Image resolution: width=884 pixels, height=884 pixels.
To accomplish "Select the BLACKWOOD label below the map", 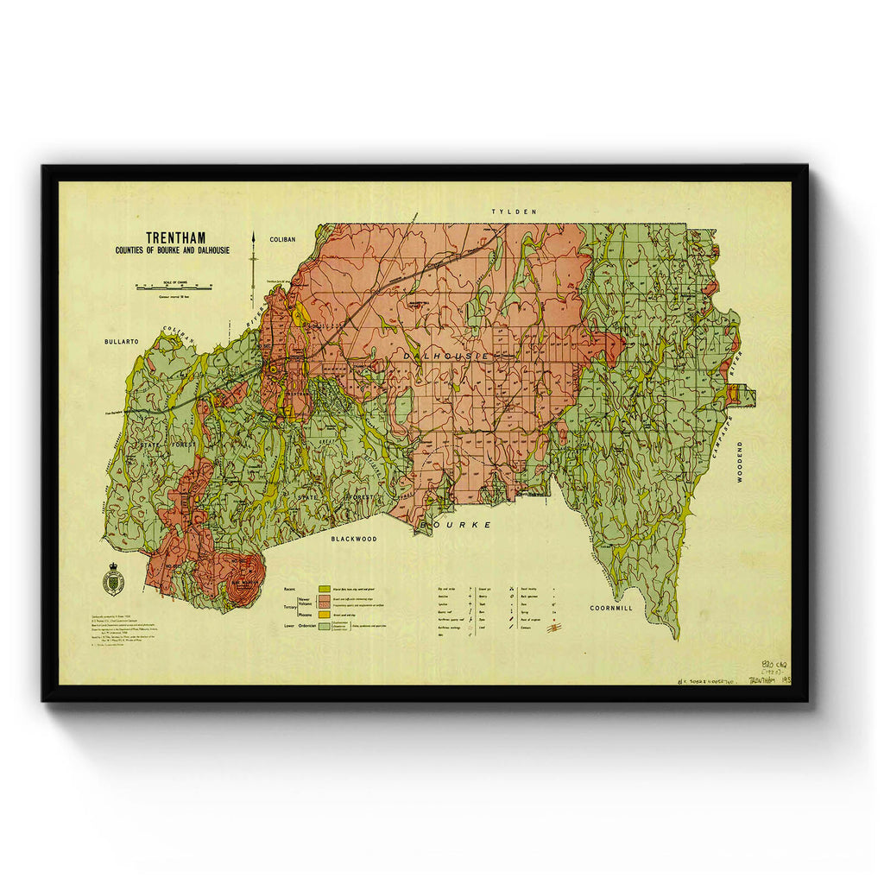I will [x=354, y=538].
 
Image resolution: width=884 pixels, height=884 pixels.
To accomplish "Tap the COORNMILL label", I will [x=611, y=608].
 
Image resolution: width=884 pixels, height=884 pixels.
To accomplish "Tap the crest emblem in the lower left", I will [x=112, y=578].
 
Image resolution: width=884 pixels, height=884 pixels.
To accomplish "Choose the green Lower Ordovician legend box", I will [x=325, y=625].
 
